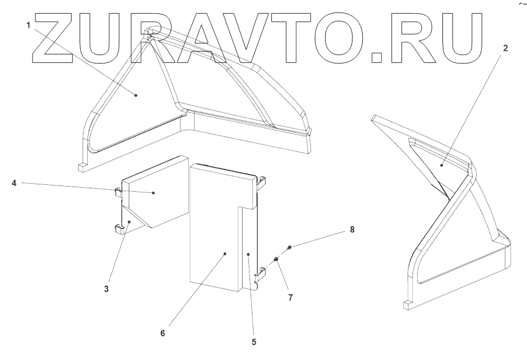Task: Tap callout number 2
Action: tap(505, 49)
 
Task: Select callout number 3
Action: tap(106, 289)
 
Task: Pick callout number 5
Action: tap(253, 343)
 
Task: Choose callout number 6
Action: tap(163, 333)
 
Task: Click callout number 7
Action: tap(290, 298)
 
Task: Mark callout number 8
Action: tap(352, 230)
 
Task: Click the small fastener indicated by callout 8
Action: tap(290, 247)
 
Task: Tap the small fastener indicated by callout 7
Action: tap(276, 260)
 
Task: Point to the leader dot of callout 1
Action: tap(136, 96)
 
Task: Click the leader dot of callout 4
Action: tap(154, 193)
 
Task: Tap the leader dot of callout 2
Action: tap(442, 164)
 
